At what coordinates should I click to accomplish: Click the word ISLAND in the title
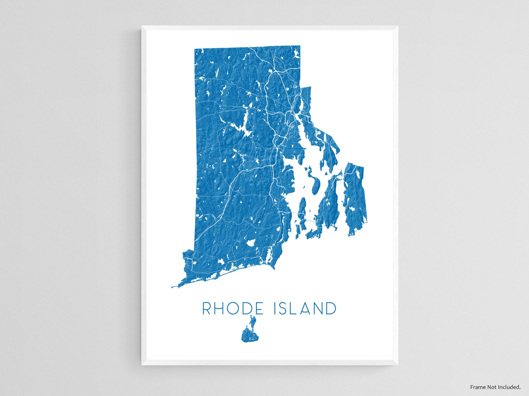click(x=305, y=309)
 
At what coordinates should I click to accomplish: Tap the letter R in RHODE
click(x=207, y=309)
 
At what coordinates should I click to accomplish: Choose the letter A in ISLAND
click(x=306, y=309)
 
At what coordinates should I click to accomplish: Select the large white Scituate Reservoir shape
click(x=245, y=128)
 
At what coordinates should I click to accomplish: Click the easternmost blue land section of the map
click(x=355, y=199)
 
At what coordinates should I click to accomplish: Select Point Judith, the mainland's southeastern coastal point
click(x=274, y=267)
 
